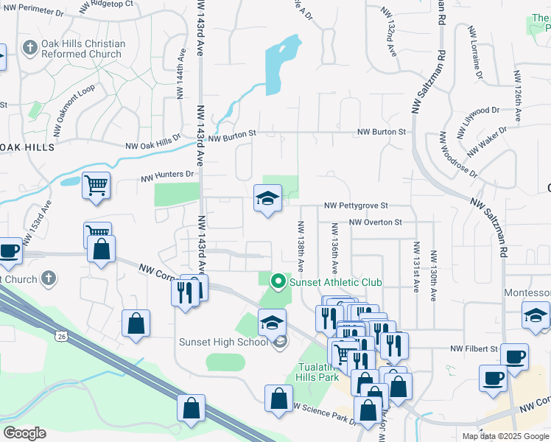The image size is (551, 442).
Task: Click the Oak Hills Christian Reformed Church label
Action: [x=83, y=49]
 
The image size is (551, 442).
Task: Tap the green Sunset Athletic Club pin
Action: [x=278, y=281]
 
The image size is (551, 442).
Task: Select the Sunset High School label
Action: [x=222, y=342]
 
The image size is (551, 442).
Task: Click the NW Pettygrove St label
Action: [x=356, y=207]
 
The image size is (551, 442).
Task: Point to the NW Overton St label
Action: [x=376, y=222]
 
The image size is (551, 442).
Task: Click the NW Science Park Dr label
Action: [x=324, y=415]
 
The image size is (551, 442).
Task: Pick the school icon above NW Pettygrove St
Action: [x=267, y=198]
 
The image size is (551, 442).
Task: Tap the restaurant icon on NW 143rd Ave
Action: [x=187, y=292]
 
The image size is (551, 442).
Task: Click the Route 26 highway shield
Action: [x=60, y=336]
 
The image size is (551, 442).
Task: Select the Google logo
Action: [x=24, y=433]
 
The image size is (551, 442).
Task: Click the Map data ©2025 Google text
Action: [x=505, y=436]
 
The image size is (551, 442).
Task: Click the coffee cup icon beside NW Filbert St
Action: [x=513, y=357]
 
